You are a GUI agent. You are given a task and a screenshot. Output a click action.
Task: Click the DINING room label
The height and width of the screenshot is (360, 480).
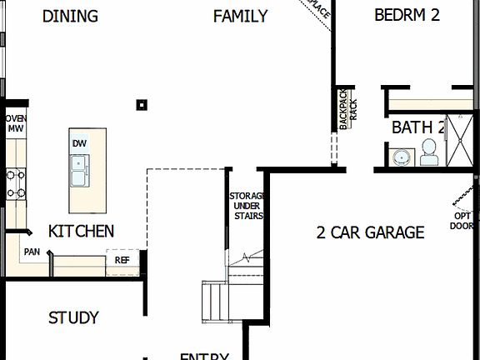point(70,16)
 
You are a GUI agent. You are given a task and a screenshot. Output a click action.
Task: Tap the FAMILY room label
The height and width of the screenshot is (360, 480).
point(240,16)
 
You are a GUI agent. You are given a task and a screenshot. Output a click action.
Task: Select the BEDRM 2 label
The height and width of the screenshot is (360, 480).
point(407,15)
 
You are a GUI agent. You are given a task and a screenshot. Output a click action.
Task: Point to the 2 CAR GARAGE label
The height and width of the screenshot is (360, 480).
point(370,232)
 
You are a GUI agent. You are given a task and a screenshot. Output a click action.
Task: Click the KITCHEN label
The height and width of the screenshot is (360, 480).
point(81,231)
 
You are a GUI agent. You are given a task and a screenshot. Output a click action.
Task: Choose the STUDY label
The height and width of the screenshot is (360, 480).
point(73,317)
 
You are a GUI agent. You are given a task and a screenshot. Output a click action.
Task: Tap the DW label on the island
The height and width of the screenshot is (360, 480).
point(79,143)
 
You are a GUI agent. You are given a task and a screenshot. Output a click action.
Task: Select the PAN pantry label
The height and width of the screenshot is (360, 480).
point(32,252)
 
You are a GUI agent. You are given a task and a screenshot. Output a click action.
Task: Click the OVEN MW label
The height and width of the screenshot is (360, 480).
point(16,123)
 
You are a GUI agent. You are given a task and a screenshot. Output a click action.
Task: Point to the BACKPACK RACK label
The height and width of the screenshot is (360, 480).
point(347,110)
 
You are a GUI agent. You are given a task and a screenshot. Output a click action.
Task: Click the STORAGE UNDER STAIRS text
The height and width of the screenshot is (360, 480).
point(247,206)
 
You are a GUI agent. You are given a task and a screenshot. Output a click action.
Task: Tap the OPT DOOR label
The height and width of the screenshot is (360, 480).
point(462,220)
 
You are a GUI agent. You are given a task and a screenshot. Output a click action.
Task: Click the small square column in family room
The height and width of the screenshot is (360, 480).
point(142,105)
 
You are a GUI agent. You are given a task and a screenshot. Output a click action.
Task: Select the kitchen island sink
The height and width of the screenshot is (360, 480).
point(80,171)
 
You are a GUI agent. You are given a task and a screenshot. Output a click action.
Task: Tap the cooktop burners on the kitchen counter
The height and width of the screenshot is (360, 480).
point(15,183)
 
